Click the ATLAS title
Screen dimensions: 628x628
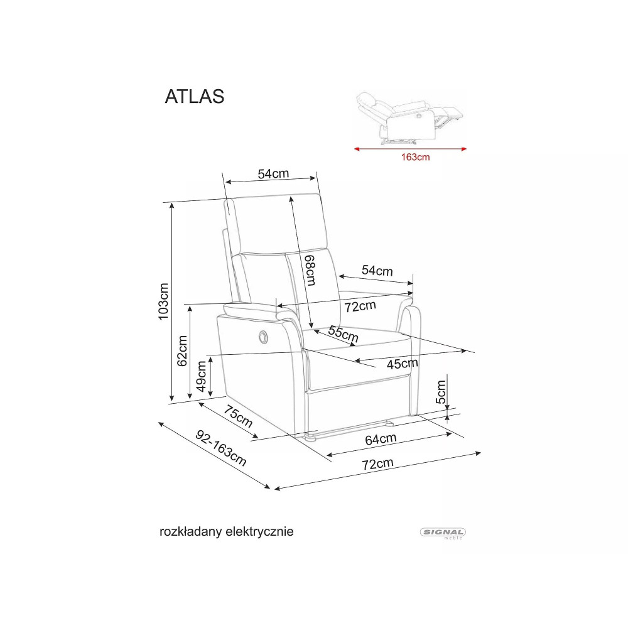click(195, 97)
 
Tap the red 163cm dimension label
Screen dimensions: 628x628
click(415, 157)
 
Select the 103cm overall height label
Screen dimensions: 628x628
click(163, 301)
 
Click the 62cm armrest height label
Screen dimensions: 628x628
click(182, 351)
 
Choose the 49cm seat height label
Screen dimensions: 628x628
click(201, 376)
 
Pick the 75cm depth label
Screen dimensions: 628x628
click(238, 416)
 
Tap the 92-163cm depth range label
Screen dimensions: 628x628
click(220, 448)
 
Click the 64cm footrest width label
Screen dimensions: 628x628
click(381, 440)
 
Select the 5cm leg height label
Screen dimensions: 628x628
click(441, 392)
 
